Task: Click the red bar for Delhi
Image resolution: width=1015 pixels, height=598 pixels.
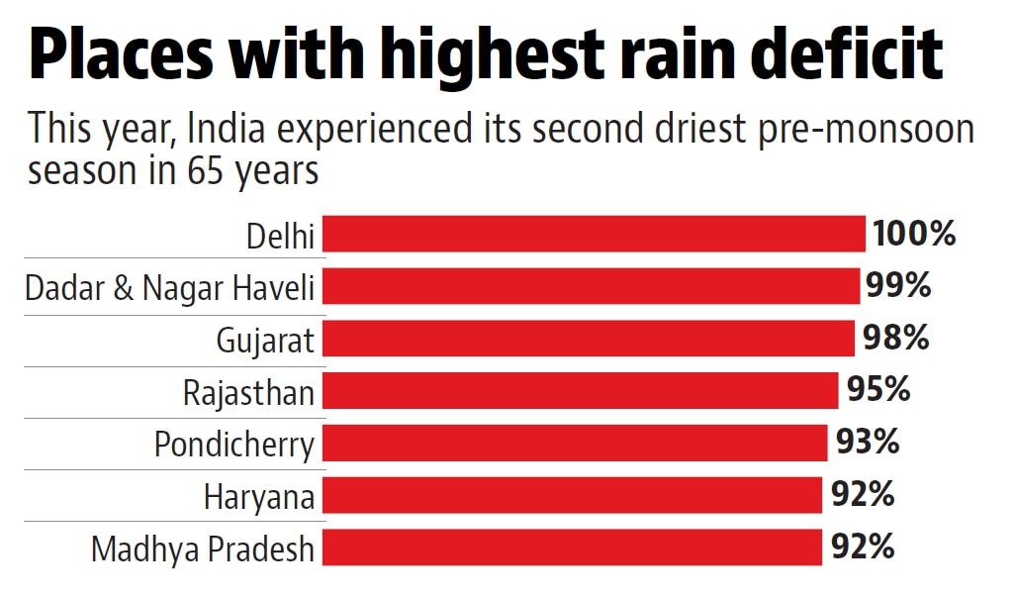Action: click(x=594, y=235)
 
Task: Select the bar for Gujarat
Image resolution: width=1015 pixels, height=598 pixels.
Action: click(x=589, y=339)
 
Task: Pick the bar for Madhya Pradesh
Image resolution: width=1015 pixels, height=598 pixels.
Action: click(x=572, y=547)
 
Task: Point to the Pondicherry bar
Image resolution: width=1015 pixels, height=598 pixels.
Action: click(x=575, y=443)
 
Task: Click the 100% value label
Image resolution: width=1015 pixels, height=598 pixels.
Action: click(x=914, y=235)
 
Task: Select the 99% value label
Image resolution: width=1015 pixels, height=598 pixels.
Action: click(x=898, y=286)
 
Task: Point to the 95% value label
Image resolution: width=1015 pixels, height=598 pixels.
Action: click(x=878, y=390)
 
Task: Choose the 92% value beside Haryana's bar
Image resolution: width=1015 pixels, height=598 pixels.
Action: click(x=864, y=494)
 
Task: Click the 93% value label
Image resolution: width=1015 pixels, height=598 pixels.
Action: click(x=868, y=442)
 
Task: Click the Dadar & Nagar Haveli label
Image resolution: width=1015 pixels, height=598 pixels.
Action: click(x=169, y=288)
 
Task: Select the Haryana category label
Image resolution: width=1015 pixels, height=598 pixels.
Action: click(x=259, y=497)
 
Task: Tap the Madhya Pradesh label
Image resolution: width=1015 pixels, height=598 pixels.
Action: click(x=203, y=548)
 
